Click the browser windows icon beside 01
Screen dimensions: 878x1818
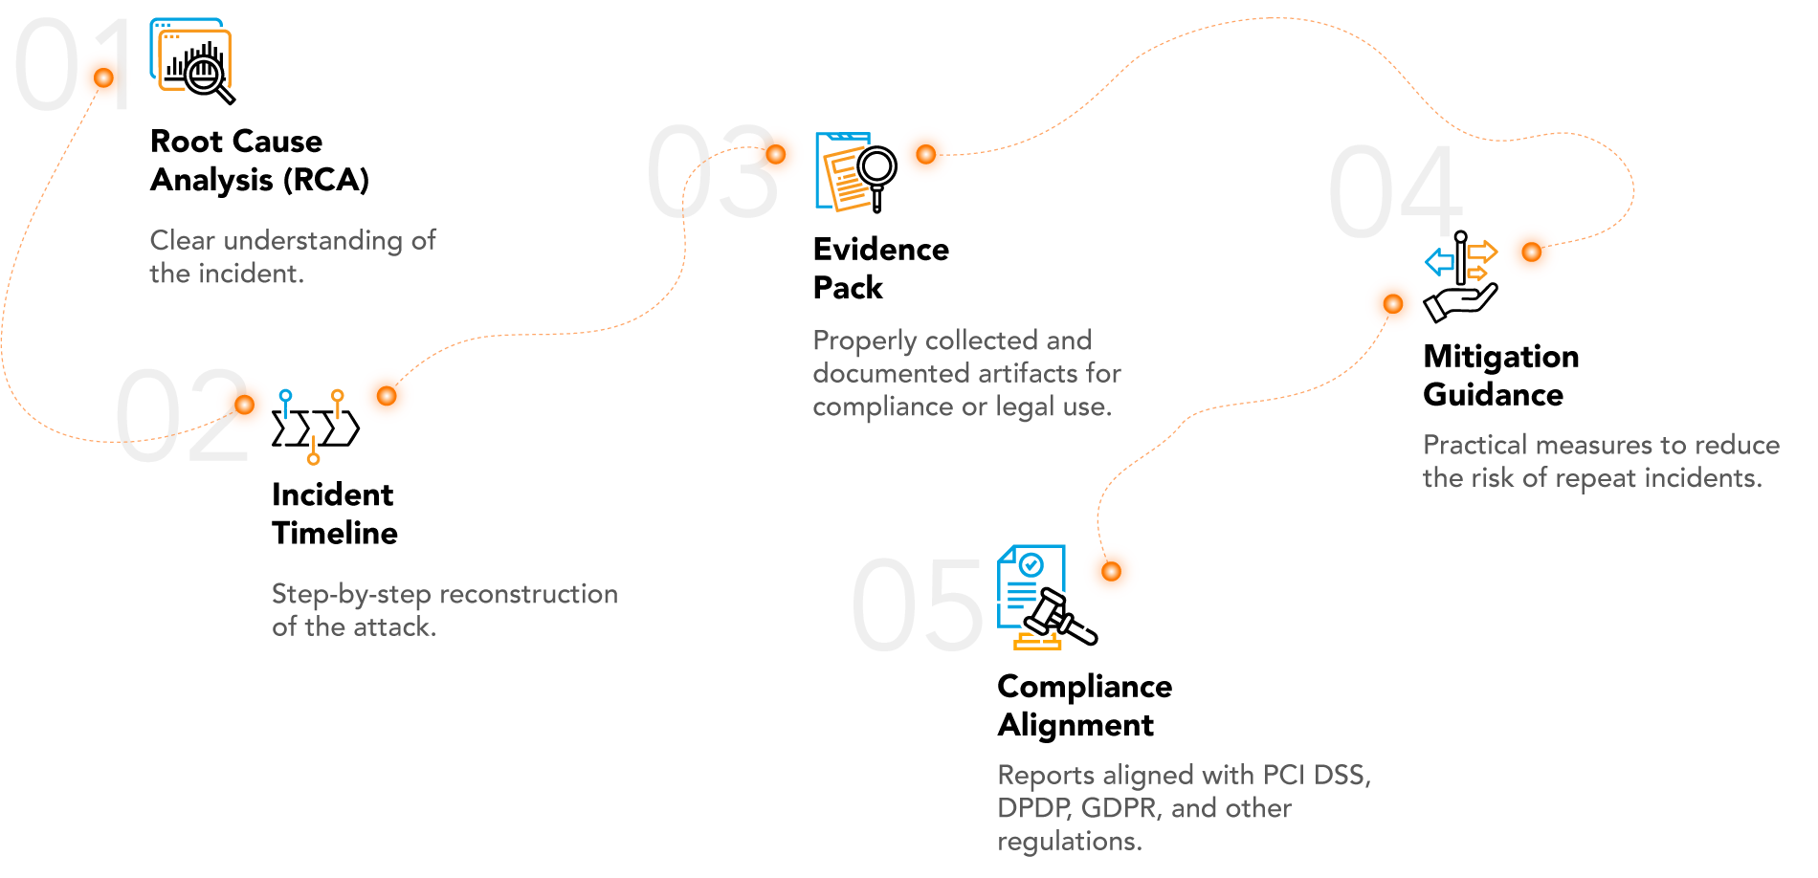190,55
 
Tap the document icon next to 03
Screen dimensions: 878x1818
843,170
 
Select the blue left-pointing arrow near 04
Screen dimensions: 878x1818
1439,261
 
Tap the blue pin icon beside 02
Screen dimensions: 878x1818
285,402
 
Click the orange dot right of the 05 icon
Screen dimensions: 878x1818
1111,571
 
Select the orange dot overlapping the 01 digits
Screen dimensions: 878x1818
103,77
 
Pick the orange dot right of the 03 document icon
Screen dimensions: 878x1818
925,154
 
